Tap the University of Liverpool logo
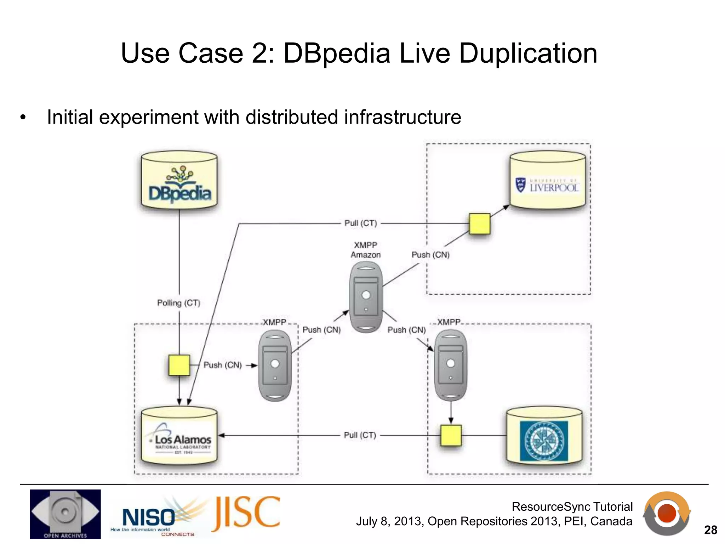547,185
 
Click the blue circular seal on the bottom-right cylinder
544,441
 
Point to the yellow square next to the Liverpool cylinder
479,223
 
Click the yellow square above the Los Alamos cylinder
179,365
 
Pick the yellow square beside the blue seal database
451,435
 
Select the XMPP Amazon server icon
366,297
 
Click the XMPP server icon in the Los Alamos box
275,365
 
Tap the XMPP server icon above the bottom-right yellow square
450,365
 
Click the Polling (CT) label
179,303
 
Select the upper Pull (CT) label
361,223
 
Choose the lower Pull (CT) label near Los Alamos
360,435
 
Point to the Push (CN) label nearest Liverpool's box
430,255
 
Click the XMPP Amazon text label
366,250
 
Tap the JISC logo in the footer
246,513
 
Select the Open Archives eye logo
65,514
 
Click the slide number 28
710,530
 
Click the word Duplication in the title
528,53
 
